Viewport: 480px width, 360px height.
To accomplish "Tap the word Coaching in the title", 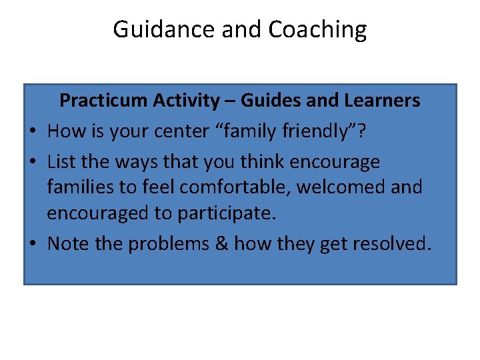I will tap(317, 30).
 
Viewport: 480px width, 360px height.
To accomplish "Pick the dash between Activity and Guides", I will tap(229, 101).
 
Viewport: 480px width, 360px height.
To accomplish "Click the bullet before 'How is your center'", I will tap(35, 131).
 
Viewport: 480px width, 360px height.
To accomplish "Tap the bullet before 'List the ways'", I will tap(35, 162).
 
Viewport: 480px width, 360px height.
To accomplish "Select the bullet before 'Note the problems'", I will tap(35, 244).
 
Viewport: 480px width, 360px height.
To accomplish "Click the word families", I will tap(79, 187).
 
